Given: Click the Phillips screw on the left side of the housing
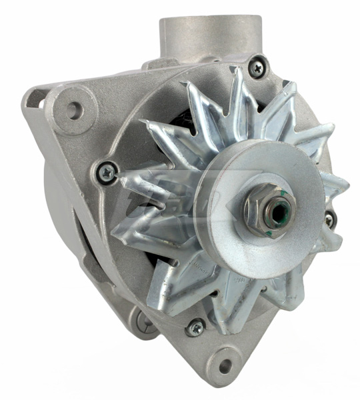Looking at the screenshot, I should point(105,172).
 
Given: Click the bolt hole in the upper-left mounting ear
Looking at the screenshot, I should point(73,109).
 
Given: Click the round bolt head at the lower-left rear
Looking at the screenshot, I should point(144,323).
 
